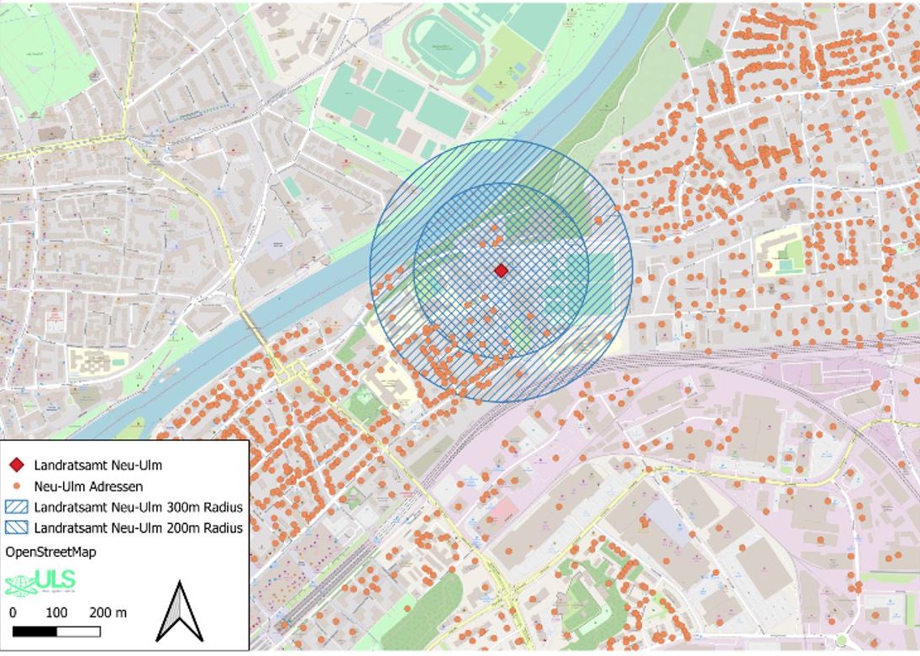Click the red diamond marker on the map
[501, 270]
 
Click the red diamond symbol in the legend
[16, 464]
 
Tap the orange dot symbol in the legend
[16, 485]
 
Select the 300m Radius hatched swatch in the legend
[16, 507]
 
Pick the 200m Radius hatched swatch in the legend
[16, 528]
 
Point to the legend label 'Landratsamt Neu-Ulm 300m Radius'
[139, 507]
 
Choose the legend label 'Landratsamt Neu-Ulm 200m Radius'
[139, 528]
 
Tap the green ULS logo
[40, 581]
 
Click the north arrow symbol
[181, 611]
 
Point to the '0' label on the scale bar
[13, 612]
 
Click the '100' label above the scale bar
[56, 612]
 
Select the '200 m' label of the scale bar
[108, 612]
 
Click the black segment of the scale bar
[34, 631]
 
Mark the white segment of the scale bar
[78, 631]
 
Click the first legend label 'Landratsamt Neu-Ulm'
[98, 464]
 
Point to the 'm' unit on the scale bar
[122, 612]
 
